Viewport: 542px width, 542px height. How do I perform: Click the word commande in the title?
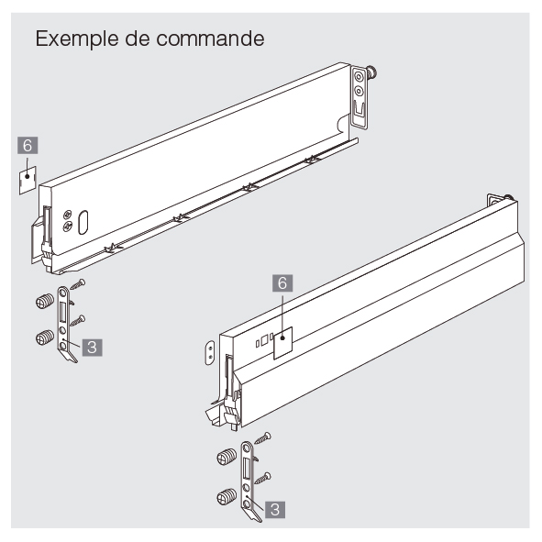(210, 39)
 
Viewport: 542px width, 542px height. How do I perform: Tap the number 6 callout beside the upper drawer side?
(28, 146)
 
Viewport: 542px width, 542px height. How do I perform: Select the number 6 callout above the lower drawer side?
(282, 283)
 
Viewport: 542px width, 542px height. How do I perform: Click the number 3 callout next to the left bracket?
(92, 347)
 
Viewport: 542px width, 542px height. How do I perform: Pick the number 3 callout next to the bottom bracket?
(275, 510)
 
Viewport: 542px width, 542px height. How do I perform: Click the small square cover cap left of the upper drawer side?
(28, 180)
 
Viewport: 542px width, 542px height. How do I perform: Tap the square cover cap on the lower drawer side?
(283, 343)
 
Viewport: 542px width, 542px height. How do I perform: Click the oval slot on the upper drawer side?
(83, 222)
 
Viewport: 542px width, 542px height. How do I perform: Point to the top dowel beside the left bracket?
(45, 301)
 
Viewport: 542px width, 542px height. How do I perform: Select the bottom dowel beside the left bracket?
(45, 337)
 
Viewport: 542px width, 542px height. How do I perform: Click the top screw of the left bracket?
(78, 284)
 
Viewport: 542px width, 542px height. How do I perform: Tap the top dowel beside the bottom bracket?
(227, 458)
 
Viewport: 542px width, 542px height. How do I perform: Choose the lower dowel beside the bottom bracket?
(227, 497)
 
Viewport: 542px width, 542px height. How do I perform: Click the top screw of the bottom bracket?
(263, 438)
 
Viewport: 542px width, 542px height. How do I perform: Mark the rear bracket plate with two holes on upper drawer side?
(359, 97)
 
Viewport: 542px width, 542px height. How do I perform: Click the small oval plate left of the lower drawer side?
(210, 352)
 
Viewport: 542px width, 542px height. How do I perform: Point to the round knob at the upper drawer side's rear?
(372, 72)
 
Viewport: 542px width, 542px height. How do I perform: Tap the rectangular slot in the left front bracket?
(62, 312)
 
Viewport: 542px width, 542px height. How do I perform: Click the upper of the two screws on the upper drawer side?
(68, 215)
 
